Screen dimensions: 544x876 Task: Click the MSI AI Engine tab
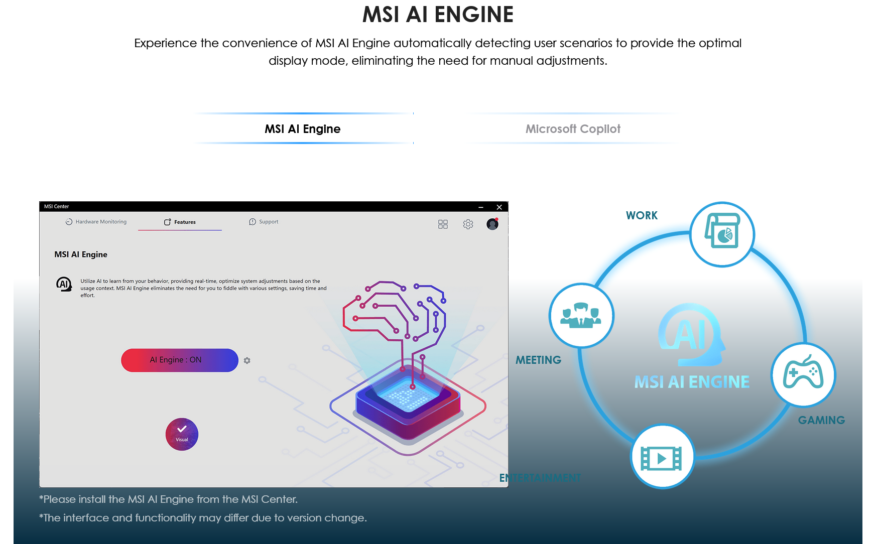click(303, 129)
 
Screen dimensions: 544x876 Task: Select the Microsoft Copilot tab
click(573, 129)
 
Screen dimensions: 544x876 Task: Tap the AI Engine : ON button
click(179, 360)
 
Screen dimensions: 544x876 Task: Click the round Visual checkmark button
click(182, 434)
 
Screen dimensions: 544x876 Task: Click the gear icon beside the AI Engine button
click(247, 360)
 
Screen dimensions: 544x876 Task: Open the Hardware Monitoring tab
click(96, 222)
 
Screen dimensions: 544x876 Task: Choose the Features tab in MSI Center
click(180, 222)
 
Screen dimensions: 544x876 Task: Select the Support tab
click(264, 222)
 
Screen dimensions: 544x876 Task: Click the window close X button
click(499, 207)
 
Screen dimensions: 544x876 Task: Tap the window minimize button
click(480, 207)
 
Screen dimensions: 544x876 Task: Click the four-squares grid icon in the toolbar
click(443, 224)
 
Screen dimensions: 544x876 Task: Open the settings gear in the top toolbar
click(468, 224)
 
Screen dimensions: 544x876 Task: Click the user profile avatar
click(492, 224)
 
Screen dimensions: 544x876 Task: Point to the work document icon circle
click(722, 234)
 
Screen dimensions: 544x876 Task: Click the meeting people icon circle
click(581, 316)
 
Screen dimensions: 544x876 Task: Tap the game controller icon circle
click(803, 374)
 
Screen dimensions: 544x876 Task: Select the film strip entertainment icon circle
click(662, 457)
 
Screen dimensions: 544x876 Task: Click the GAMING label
click(821, 420)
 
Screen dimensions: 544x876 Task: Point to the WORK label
click(642, 215)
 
